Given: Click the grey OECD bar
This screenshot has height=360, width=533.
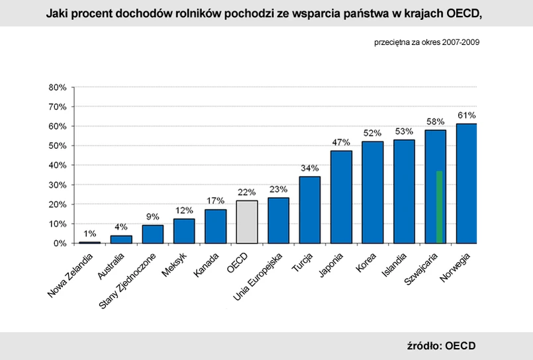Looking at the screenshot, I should pos(247,222).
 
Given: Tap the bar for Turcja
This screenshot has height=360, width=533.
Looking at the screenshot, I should pos(310,210).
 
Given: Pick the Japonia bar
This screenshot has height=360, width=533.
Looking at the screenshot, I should pos(342,197).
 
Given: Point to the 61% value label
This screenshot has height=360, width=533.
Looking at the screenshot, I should pos(466,115).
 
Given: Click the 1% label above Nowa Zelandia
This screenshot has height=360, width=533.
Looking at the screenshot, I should pos(90,234).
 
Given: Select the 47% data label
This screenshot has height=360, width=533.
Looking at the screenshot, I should pos(342,142).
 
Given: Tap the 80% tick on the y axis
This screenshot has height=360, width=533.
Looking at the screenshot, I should pos(58,87).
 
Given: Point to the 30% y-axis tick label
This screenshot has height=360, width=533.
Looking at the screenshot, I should pos(58,185).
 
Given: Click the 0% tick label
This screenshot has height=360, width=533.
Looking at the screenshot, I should pos(60,244).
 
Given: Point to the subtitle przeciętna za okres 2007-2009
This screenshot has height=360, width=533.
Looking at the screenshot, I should pos(426,42).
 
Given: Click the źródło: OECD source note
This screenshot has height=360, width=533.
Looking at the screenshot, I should pos(441,345).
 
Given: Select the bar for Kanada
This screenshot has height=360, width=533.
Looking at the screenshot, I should pos(215,226).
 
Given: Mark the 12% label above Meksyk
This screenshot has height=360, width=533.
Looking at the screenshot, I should pos(184,210).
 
